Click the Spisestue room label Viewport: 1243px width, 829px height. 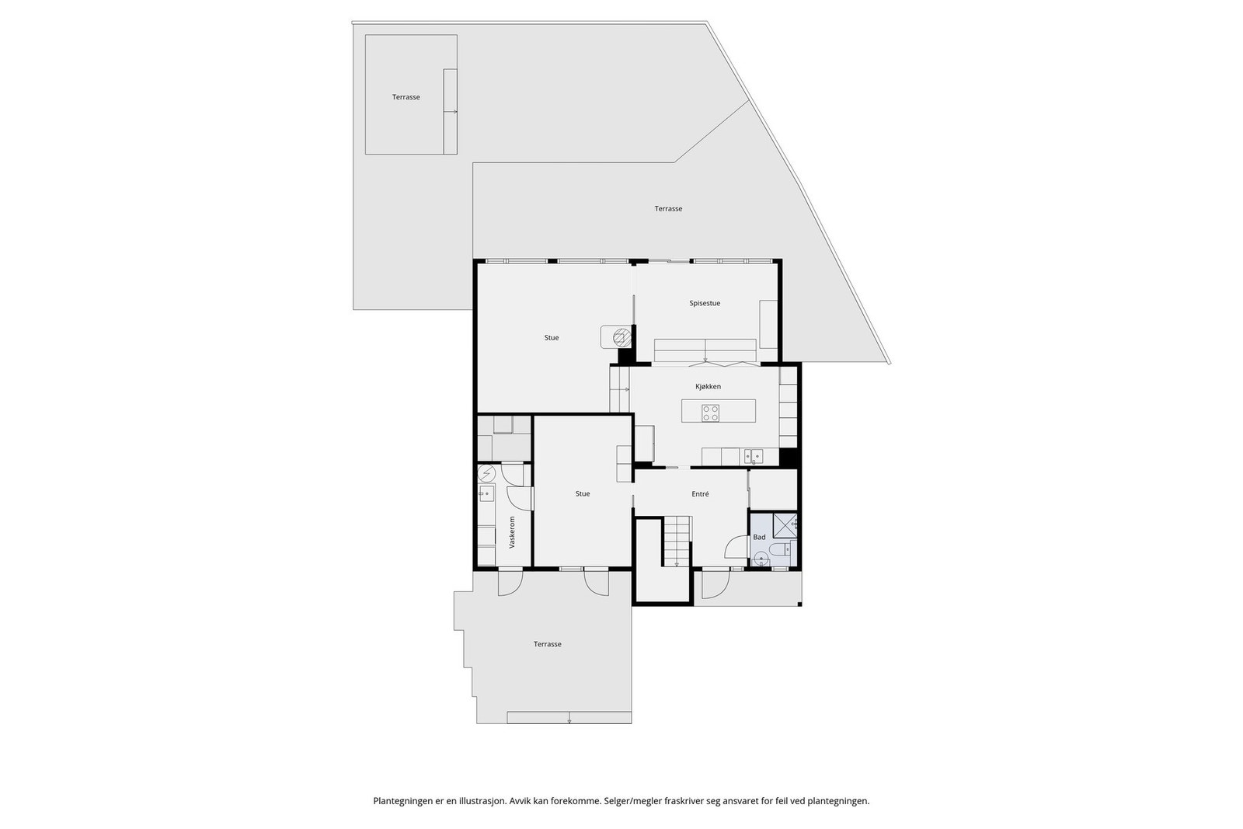click(x=705, y=303)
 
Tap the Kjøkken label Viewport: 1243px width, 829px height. click(x=708, y=386)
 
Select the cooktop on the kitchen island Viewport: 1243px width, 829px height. click(x=710, y=413)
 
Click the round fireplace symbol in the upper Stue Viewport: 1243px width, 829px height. click(x=620, y=337)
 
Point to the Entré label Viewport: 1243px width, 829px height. click(x=700, y=494)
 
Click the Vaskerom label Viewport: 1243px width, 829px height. click(x=512, y=532)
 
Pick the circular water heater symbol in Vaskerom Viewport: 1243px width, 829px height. click(x=487, y=472)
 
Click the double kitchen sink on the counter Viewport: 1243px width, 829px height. click(x=752, y=455)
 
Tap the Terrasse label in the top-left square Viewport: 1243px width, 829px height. click(x=406, y=97)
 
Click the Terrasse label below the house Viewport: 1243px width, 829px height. click(x=547, y=644)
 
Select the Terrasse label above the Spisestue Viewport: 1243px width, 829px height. click(x=668, y=208)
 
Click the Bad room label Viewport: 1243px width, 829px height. click(x=759, y=537)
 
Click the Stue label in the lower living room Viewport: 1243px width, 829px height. click(x=583, y=494)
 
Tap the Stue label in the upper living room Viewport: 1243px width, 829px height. click(x=552, y=338)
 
